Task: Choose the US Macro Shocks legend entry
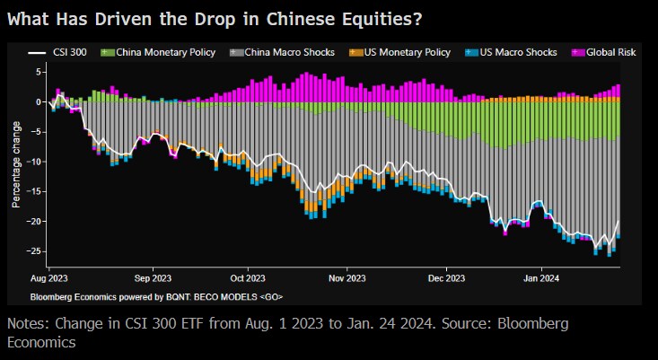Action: click(513, 53)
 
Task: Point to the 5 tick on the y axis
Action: click(39, 73)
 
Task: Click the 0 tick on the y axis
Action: click(39, 102)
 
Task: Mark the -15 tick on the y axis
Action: click(36, 191)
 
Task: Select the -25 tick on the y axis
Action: click(36, 250)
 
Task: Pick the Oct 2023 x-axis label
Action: click(248, 279)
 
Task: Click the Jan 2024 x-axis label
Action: click(542, 279)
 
